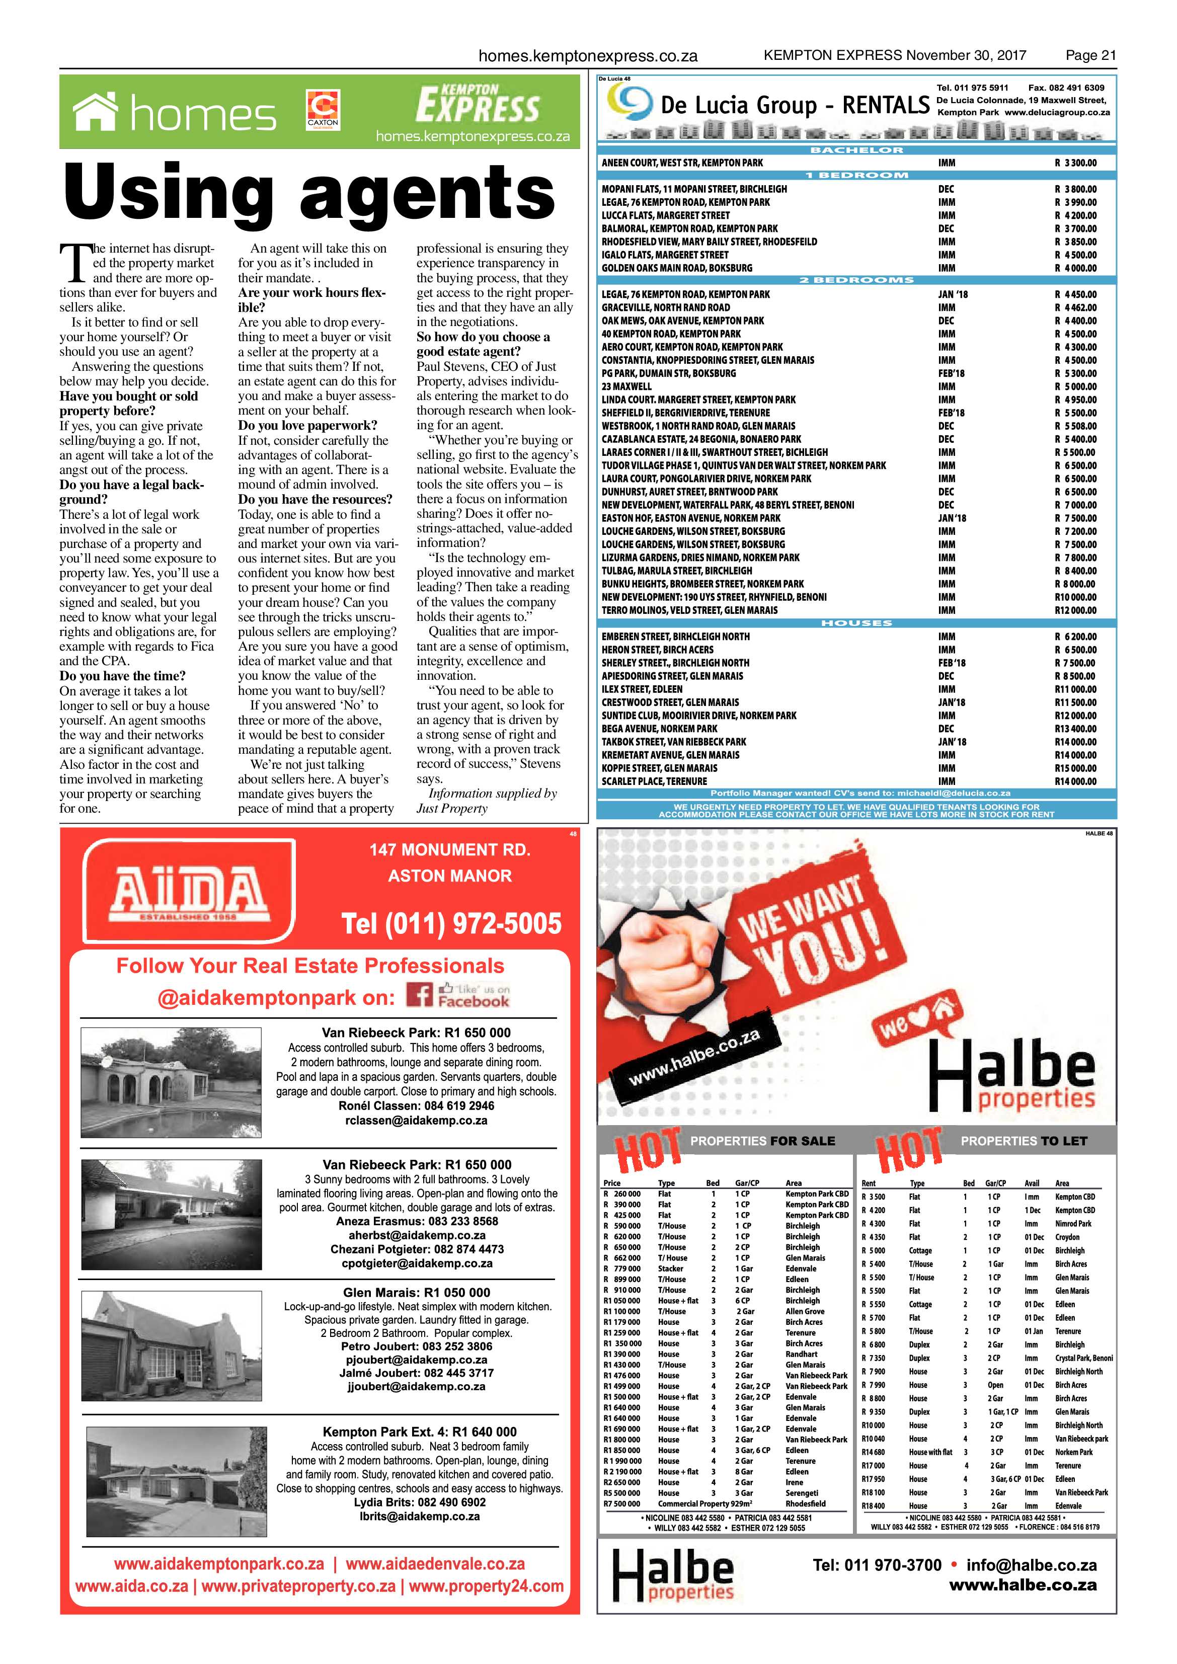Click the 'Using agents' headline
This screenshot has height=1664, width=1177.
click(x=310, y=192)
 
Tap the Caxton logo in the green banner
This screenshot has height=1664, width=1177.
click(x=323, y=110)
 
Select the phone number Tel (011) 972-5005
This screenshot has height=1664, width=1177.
click(x=451, y=923)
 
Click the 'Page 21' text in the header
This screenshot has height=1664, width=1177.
click(x=1090, y=55)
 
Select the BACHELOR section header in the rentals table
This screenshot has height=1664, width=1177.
click(x=856, y=150)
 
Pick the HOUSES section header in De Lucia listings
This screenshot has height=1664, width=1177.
click(x=856, y=623)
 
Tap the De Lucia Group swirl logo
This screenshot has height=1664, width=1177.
click(x=627, y=102)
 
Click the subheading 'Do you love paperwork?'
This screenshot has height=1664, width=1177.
click(x=307, y=425)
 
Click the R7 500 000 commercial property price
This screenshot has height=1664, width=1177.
click(x=622, y=1503)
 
